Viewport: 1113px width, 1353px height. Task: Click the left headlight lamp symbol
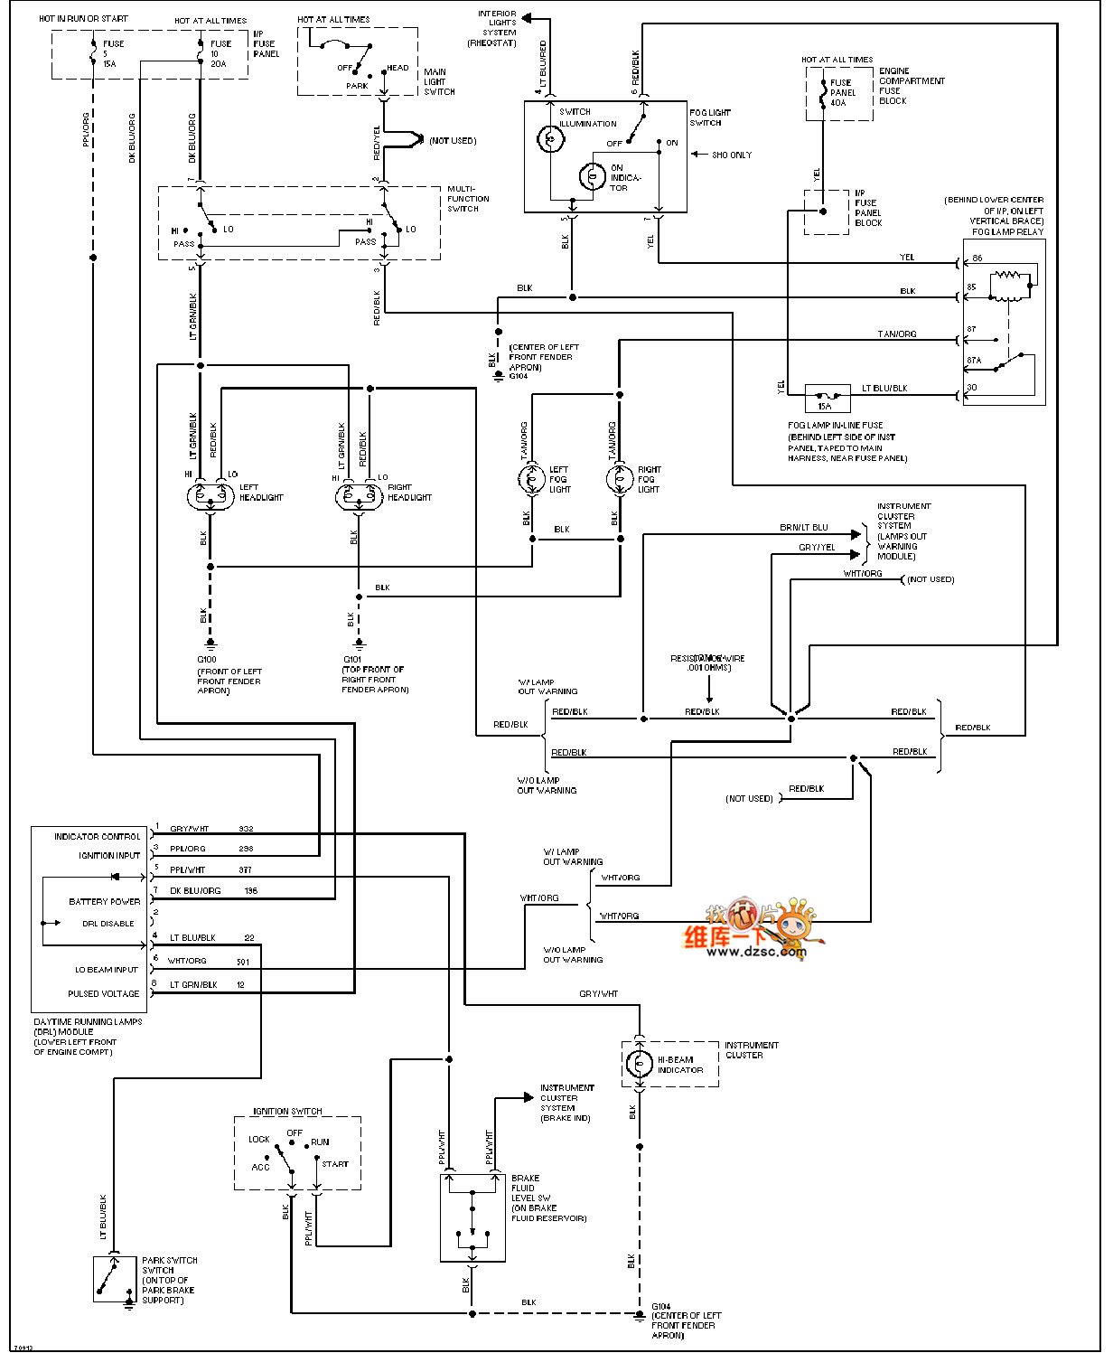[210, 495]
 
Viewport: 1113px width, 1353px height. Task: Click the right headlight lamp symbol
[359, 495]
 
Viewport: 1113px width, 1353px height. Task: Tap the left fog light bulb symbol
[531, 479]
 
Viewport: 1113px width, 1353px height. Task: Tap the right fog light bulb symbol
[620, 479]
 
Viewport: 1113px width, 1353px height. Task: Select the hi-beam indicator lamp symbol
[639, 1064]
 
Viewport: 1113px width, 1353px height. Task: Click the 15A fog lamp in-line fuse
[827, 397]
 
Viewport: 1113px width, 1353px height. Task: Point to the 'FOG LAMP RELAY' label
[1007, 232]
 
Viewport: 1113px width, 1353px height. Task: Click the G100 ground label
[207, 660]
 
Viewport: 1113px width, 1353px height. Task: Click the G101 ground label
[352, 660]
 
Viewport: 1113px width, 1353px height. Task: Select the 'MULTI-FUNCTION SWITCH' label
[468, 199]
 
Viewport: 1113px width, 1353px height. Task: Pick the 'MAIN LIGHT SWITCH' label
[439, 81]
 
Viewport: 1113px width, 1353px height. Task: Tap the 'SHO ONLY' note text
[731, 155]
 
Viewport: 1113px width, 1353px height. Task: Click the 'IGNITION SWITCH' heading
[287, 1112]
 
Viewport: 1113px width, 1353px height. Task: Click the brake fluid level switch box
[472, 1217]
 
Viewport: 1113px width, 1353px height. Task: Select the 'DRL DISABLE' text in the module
[108, 924]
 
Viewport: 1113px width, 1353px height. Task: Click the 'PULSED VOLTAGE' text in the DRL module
[103, 993]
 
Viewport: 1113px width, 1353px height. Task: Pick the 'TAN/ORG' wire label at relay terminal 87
[896, 334]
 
